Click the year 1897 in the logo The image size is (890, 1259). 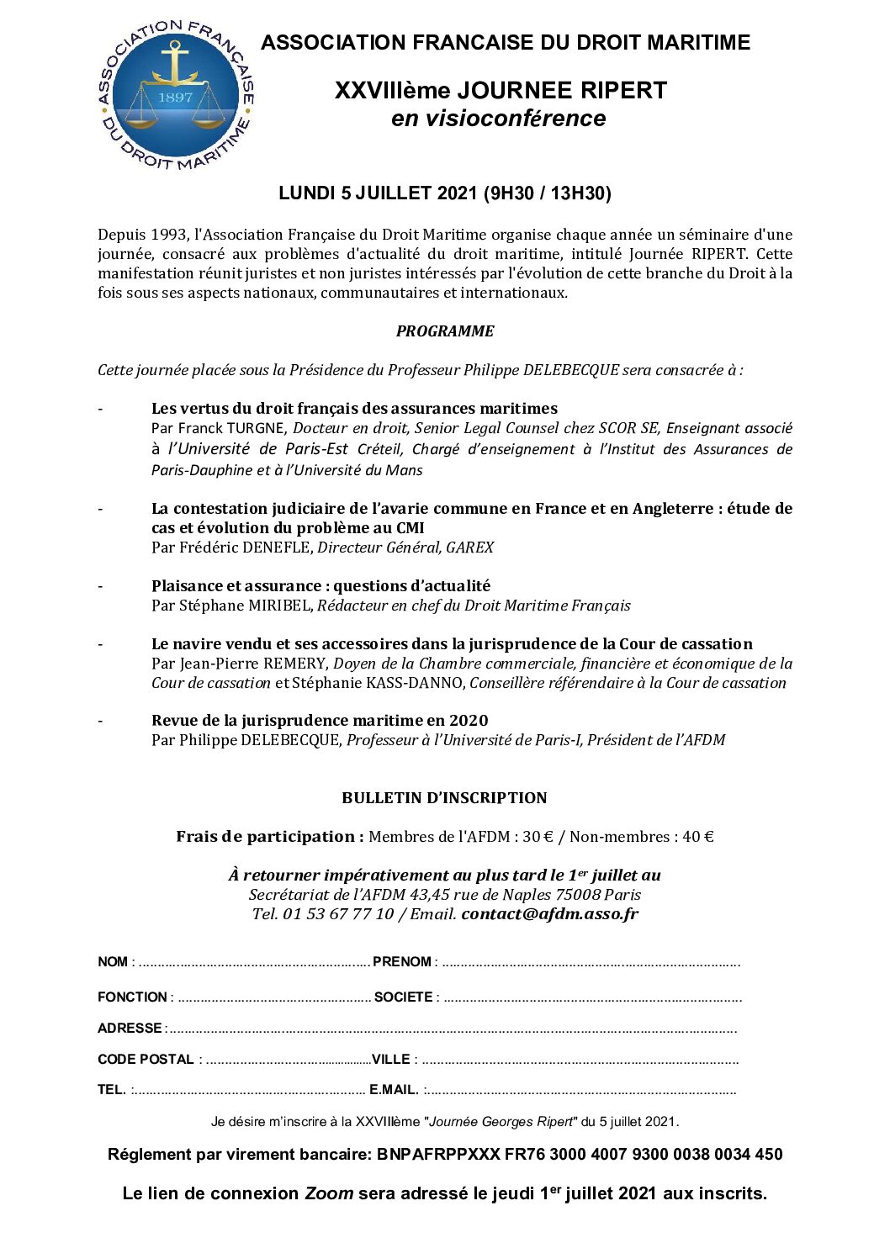click(175, 97)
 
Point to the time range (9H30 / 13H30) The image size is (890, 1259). click(547, 193)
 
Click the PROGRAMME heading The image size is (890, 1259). click(445, 331)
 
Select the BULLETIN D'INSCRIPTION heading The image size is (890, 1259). click(444, 798)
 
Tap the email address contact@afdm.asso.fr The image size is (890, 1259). click(549, 914)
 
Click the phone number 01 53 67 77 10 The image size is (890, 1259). click(338, 914)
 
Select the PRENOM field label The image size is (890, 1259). click(401, 962)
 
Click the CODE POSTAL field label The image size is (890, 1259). click(146, 1060)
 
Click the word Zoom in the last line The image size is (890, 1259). click(328, 1193)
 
